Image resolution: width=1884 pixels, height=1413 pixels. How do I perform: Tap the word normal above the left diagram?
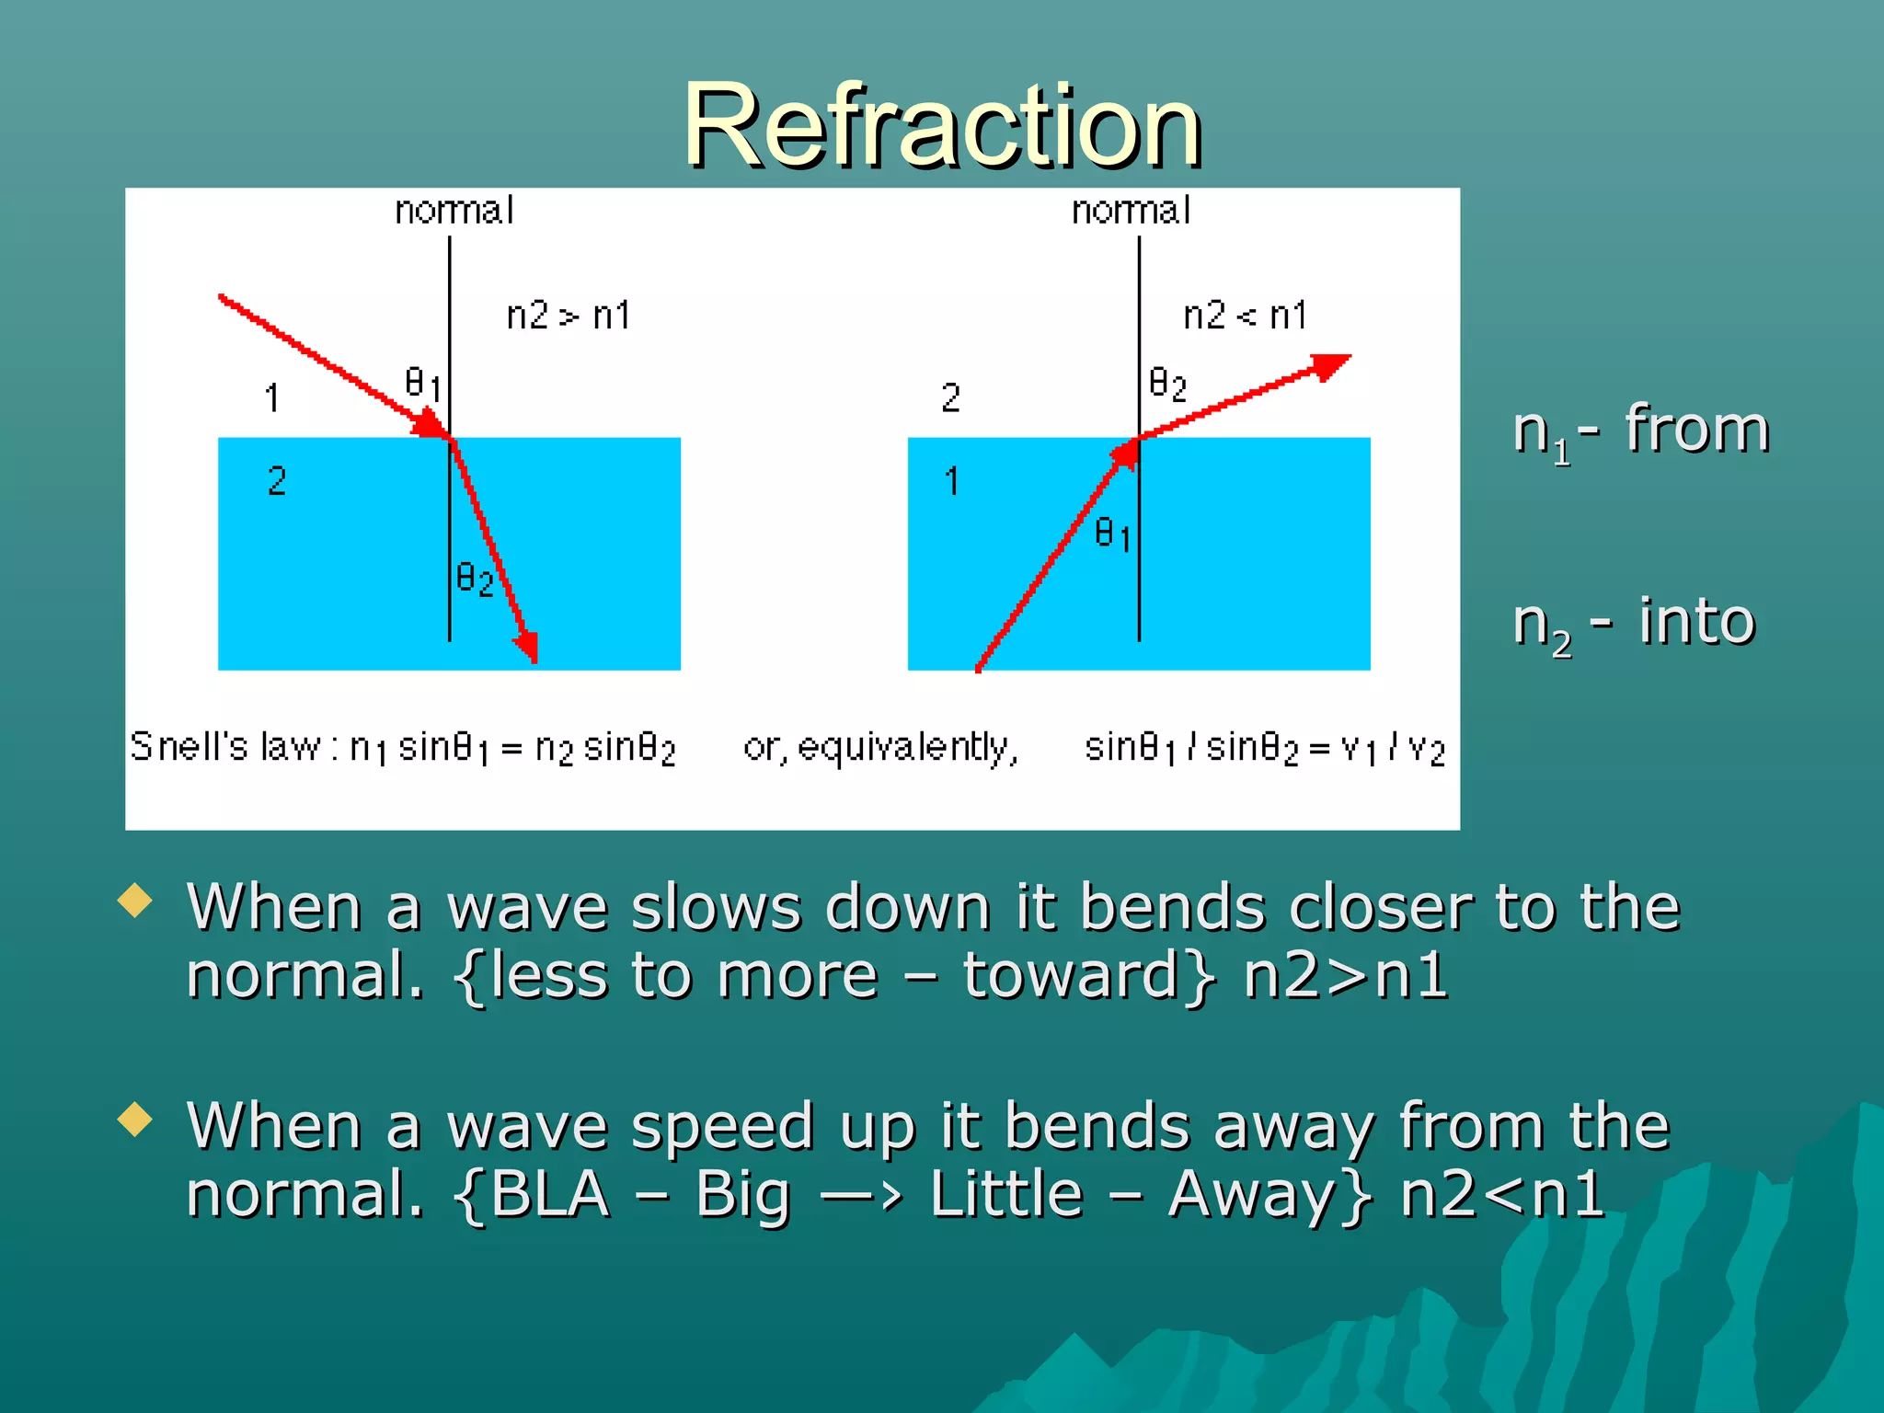tap(454, 211)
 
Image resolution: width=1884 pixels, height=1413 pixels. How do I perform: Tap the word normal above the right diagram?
tap(1131, 211)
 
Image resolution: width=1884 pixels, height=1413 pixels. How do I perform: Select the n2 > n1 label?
tap(569, 316)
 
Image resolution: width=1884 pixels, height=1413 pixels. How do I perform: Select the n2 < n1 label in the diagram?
tap(1245, 316)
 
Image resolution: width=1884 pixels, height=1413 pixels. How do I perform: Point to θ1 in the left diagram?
tap(423, 383)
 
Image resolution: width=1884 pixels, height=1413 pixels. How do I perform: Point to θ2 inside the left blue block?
tap(475, 580)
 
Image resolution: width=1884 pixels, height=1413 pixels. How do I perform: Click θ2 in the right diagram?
tap(1167, 383)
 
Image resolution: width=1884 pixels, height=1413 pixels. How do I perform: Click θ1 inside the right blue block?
tap(1112, 534)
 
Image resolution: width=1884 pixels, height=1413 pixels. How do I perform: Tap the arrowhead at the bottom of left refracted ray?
tap(527, 647)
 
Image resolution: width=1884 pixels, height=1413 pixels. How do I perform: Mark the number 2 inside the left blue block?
tap(277, 481)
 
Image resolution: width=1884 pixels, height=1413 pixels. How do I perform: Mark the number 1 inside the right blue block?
tap(952, 481)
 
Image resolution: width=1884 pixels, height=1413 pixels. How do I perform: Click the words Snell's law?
tap(225, 746)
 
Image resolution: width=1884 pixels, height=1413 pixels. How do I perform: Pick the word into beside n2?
tap(1697, 621)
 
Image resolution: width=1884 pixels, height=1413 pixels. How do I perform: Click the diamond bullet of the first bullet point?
tap(135, 901)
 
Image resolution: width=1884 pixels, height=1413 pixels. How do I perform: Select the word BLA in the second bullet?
tap(549, 1194)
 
